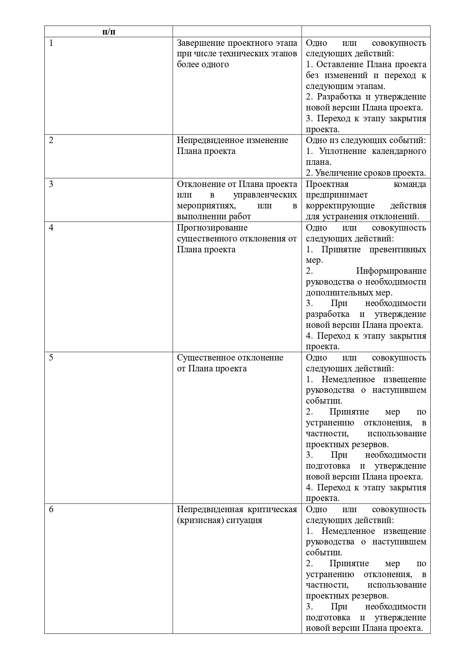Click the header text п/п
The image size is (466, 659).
(109, 32)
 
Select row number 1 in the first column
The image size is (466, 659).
(51, 43)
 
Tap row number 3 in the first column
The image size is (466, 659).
(51, 184)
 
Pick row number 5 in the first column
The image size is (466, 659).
(51, 357)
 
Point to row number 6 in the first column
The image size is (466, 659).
(51, 510)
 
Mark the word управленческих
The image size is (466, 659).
(265, 195)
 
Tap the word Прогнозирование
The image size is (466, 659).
(212, 228)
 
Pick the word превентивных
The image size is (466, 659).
(398, 249)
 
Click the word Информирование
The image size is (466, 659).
(391, 271)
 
